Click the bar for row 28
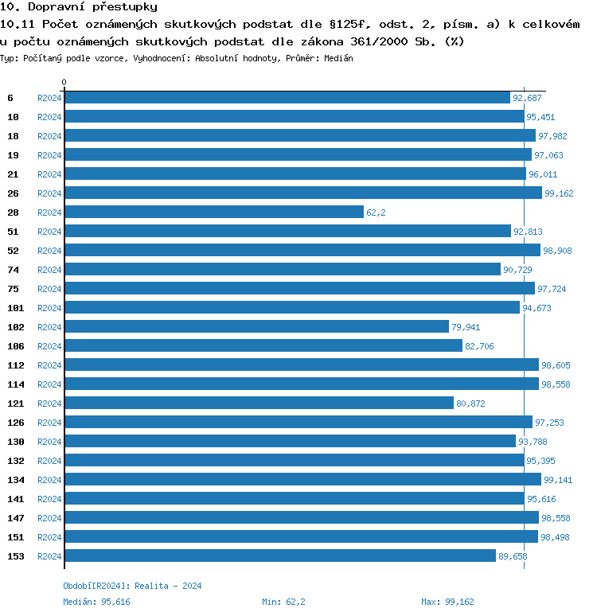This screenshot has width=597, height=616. coord(213,212)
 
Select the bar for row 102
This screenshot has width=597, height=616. coord(256,327)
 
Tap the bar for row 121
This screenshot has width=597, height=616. coord(259,404)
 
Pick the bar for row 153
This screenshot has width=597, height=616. coord(279,556)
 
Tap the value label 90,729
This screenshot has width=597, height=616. coord(517,270)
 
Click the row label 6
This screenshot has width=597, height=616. coord(10,98)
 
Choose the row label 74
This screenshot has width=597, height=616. coord(13,270)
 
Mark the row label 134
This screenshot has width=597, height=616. coord(16,480)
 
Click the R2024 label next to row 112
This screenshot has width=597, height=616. coord(49,365)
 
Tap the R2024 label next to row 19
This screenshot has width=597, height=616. coord(49,155)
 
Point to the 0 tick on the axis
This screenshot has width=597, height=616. coord(64,83)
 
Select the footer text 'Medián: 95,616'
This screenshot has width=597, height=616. coord(96,602)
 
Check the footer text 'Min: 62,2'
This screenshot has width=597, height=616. coord(283,602)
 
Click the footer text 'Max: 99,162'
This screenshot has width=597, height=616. coord(447,602)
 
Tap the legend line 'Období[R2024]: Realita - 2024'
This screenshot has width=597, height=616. coord(132,586)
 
